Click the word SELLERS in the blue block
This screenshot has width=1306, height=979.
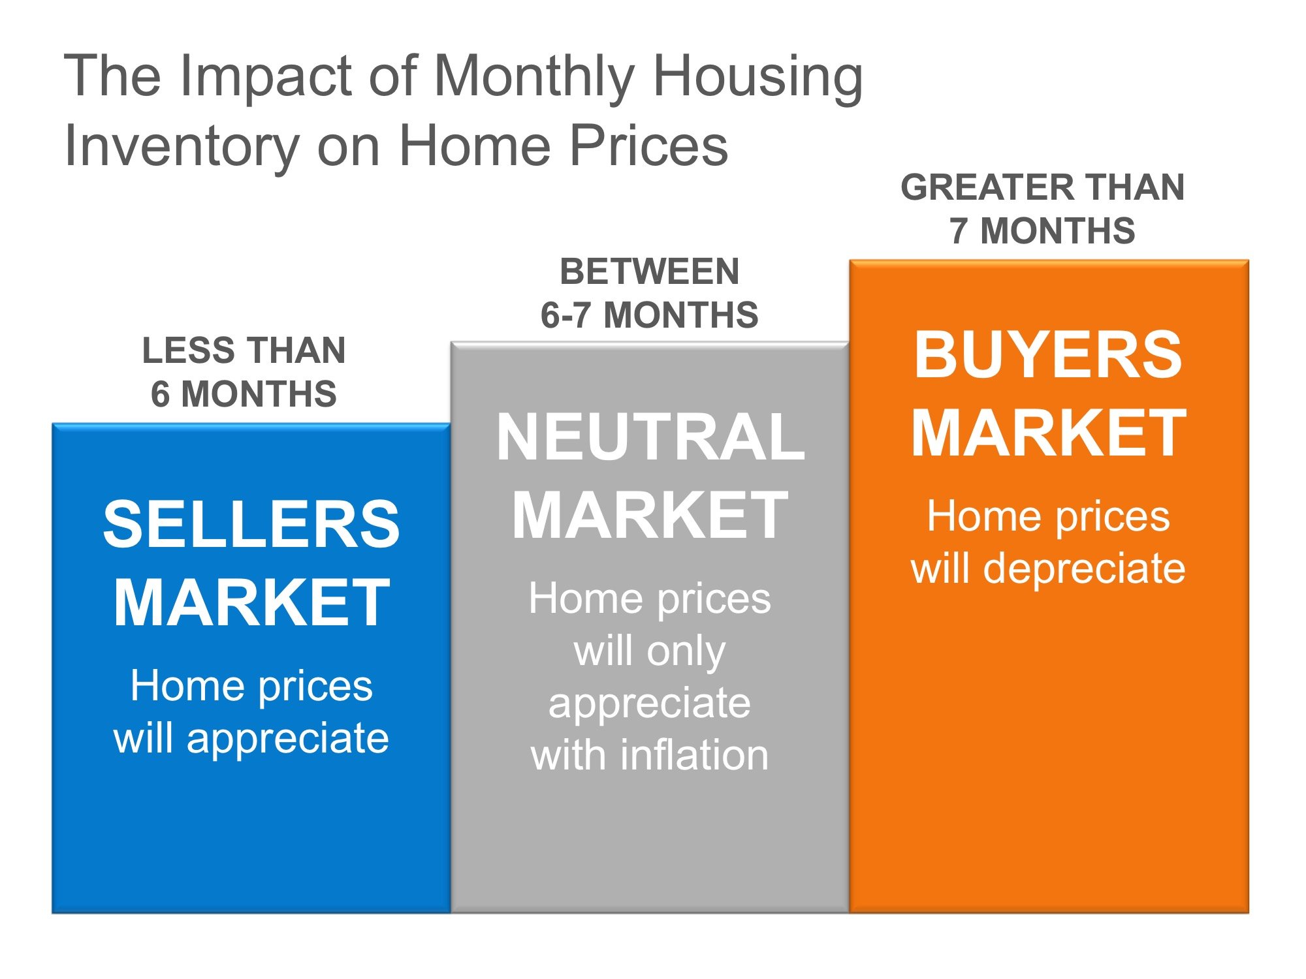[251, 524]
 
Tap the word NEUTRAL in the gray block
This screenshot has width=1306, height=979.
[650, 437]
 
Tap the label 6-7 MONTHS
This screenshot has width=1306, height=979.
[649, 315]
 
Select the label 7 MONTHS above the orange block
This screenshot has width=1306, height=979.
[1042, 230]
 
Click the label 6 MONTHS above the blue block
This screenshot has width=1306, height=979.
[244, 394]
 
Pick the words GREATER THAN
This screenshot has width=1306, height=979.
[1042, 187]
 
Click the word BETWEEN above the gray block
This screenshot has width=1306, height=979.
[650, 272]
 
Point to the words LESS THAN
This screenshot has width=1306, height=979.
[244, 350]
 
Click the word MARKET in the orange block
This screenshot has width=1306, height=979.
[1048, 433]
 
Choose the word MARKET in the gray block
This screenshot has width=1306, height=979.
[650, 516]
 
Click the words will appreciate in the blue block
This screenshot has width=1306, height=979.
[251, 738]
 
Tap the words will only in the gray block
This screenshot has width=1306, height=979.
[650, 651]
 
